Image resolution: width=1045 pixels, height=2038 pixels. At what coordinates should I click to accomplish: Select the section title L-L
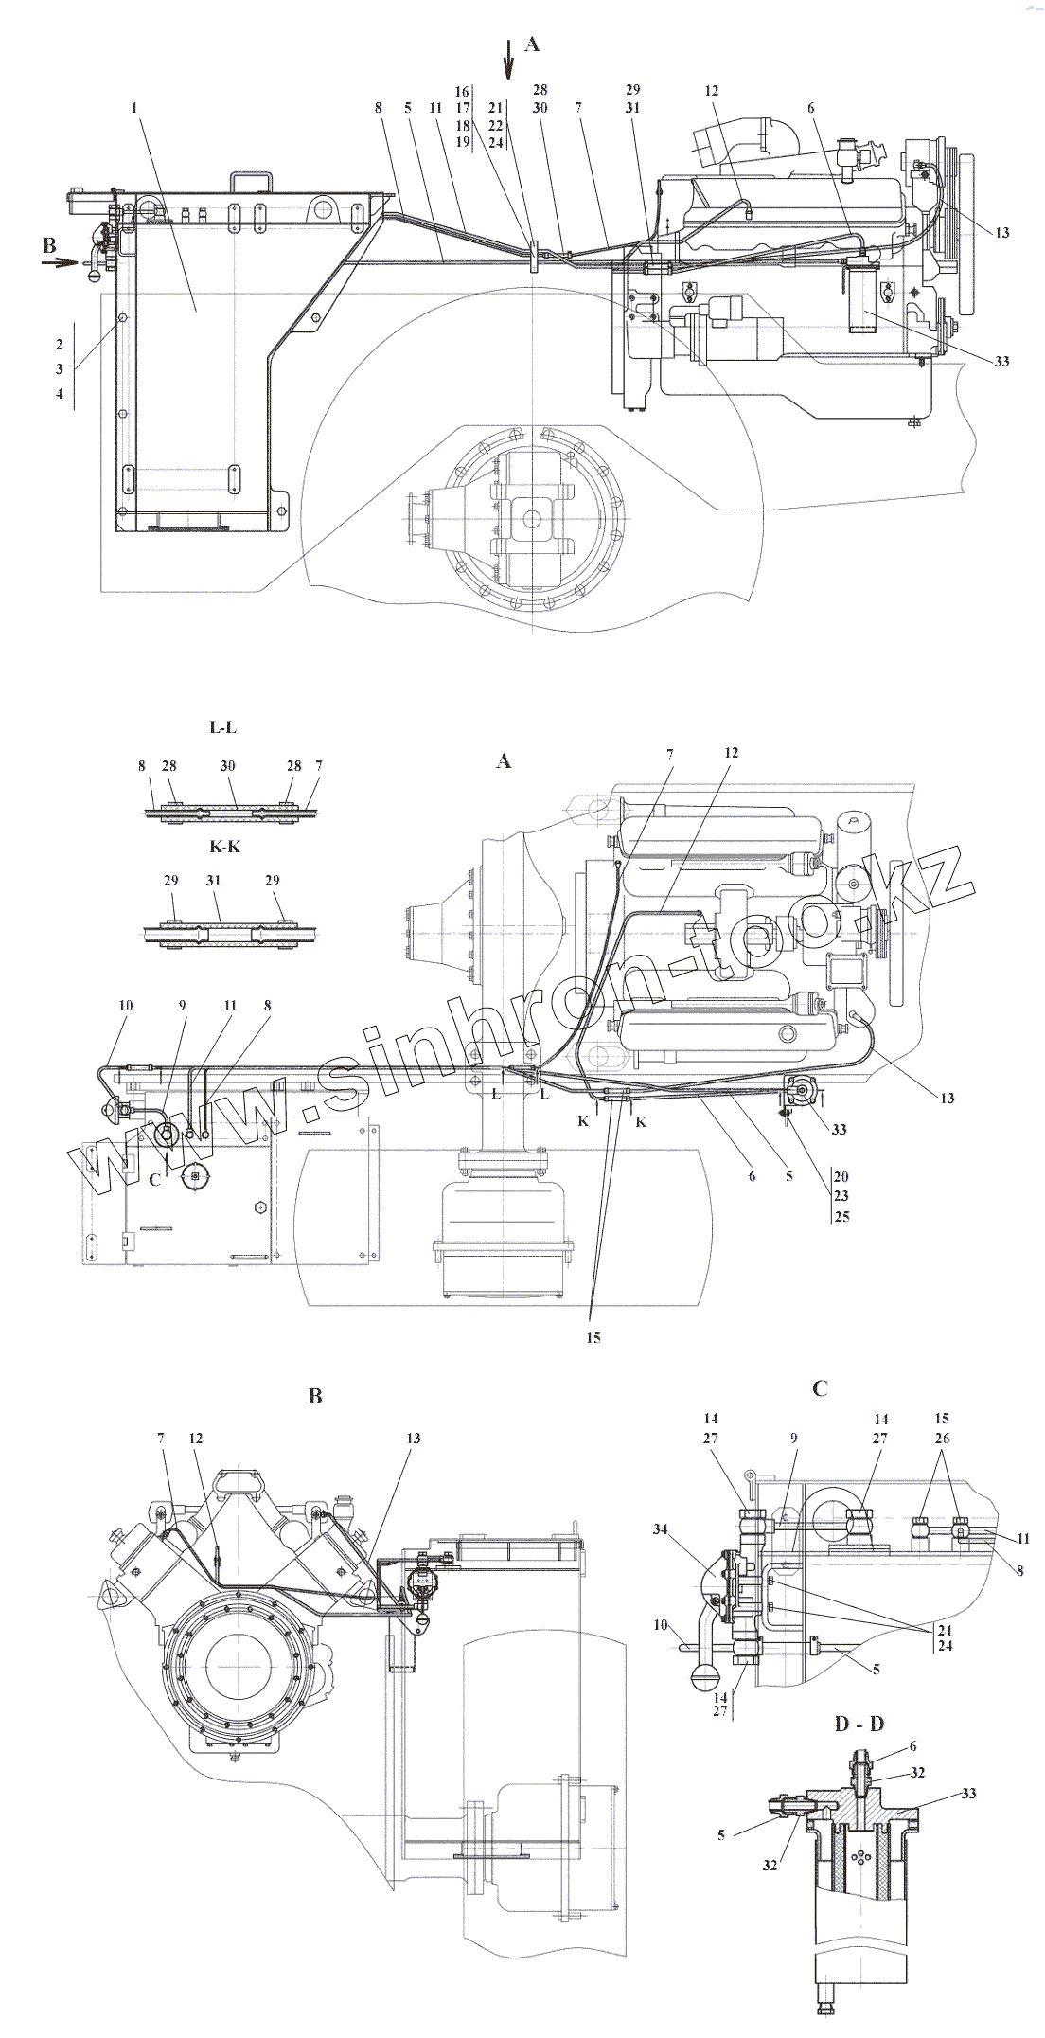tap(223, 727)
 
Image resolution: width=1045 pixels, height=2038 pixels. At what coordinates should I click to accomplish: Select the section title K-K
tap(224, 846)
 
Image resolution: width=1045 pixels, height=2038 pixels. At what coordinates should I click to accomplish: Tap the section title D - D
tap(859, 1723)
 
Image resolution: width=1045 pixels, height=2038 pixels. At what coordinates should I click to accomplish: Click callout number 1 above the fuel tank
tap(135, 108)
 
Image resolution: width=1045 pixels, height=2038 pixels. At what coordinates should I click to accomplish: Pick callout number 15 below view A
tap(593, 1338)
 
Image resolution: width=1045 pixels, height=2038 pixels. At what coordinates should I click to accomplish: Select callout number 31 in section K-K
tap(213, 881)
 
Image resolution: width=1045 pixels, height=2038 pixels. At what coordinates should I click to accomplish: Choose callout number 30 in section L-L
tap(227, 765)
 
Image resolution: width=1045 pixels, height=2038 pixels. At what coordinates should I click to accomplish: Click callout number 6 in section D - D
tap(912, 1745)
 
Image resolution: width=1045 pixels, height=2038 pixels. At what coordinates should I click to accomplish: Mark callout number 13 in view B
tap(414, 1438)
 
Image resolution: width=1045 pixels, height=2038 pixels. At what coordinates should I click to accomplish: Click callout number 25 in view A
tap(841, 1216)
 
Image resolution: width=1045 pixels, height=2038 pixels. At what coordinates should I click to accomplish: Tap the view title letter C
tap(821, 1387)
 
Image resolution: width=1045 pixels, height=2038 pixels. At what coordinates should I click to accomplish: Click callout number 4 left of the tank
tap(60, 394)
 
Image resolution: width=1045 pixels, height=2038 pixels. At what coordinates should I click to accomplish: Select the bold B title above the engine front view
tap(315, 1396)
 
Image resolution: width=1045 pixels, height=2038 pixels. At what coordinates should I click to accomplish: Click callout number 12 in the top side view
tap(712, 91)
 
